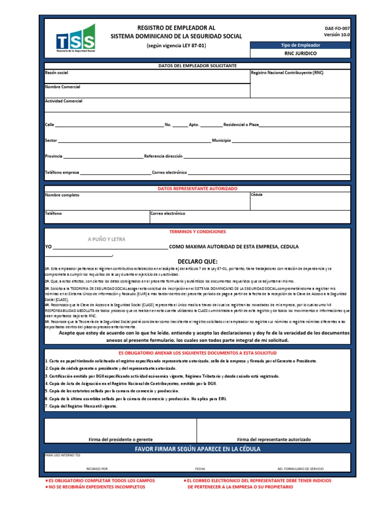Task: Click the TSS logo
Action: click(75, 38)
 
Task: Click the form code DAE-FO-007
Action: click(337, 29)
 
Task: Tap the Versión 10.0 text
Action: click(337, 35)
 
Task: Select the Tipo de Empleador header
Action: click(301, 45)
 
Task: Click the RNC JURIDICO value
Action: click(301, 53)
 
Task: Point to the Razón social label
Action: click(56, 73)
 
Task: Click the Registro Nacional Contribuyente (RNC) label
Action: click(287, 73)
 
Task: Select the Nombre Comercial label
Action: click(62, 87)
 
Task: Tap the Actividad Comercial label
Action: click(63, 101)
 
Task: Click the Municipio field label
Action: click(221, 140)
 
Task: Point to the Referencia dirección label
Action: click(164, 156)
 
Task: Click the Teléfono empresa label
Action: click(62, 172)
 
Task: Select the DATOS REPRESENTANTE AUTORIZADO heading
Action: click(198, 188)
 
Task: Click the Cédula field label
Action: click(257, 195)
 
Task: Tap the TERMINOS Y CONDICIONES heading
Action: click(198, 231)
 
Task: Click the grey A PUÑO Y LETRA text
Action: click(106, 239)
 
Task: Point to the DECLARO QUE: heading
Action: click(198, 261)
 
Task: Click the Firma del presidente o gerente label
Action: click(120, 439)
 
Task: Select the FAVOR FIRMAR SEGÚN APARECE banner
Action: click(198, 449)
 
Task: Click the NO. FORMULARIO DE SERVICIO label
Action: click(300, 469)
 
